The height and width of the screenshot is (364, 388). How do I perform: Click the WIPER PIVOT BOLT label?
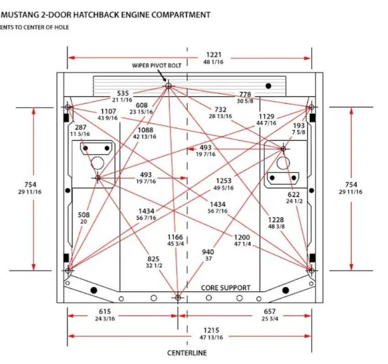157,66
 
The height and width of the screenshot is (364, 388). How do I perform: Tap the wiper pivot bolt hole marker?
168,86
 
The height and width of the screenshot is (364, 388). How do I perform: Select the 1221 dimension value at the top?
214,55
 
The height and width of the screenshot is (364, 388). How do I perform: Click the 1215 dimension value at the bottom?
211,330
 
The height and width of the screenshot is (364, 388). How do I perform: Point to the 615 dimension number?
105,311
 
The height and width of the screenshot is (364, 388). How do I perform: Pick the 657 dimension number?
270,311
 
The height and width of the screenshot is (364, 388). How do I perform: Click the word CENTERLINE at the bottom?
187,353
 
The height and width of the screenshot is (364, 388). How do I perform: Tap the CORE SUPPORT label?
225,288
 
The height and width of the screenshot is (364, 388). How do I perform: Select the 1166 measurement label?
175,237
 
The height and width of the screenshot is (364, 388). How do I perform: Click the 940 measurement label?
208,252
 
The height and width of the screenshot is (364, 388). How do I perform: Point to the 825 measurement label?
153,259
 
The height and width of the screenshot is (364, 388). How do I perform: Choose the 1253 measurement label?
224,181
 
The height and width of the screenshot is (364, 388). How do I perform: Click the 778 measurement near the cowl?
245,95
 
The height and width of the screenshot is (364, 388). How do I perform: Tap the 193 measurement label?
299,126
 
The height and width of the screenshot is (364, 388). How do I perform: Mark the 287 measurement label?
81,127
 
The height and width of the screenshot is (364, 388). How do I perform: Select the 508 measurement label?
84,215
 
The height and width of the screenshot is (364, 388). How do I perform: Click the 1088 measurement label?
145,130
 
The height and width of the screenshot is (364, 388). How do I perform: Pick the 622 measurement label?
294,195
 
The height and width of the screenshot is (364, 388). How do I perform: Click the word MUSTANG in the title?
17,15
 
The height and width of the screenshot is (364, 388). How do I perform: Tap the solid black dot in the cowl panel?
268,86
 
